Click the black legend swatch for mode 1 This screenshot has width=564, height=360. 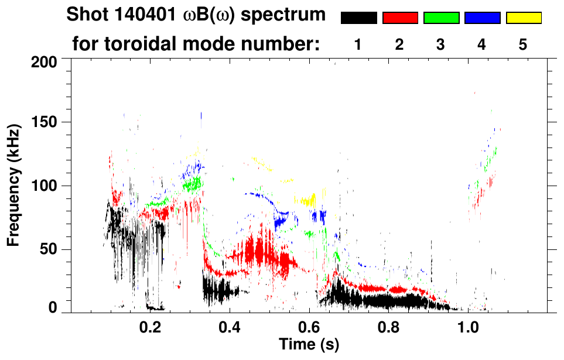coord(358,18)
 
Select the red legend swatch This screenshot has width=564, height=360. coord(400,18)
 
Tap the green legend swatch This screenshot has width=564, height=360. coord(441,18)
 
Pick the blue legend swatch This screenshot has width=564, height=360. coord(482,18)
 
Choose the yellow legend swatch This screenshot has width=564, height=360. coord(524,18)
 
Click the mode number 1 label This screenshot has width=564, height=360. coord(358,44)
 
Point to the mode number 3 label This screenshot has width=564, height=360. coord(440,44)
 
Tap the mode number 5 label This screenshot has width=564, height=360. coord(523,44)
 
